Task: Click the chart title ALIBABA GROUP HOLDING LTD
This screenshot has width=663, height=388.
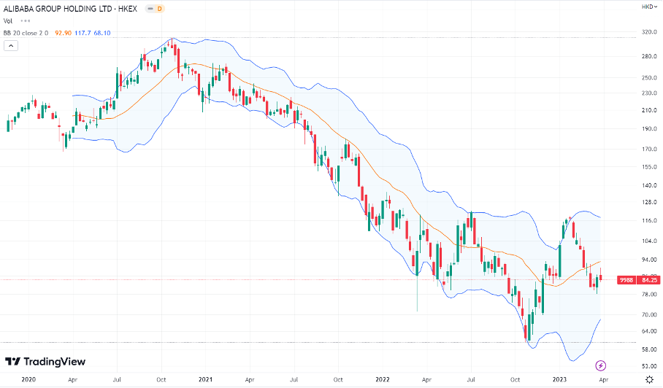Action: click(66, 9)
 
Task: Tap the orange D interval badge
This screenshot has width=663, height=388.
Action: click(161, 9)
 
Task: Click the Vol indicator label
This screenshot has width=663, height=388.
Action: click(8, 20)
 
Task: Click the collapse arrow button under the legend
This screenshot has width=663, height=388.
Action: click(11, 45)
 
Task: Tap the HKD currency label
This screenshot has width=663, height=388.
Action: click(646, 7)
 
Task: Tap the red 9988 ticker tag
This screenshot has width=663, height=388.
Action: click(626, 279)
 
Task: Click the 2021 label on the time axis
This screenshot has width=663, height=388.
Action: click(206, 380)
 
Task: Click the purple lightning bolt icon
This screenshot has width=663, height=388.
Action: click(601, 365)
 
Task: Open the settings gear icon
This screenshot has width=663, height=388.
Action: click(649, 379)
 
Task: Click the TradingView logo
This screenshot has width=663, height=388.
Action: click(45, 362)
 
